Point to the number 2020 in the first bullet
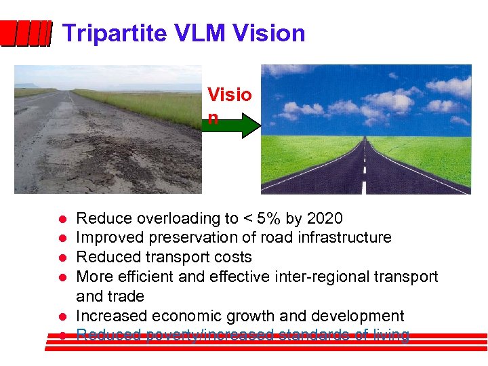tap(325, 218)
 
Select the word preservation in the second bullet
tap(190, 237)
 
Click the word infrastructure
tap(341, 237)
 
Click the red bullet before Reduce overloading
tap(60, 219)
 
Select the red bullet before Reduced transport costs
tap(60, 258)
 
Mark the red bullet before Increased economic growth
tap(60, 317)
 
